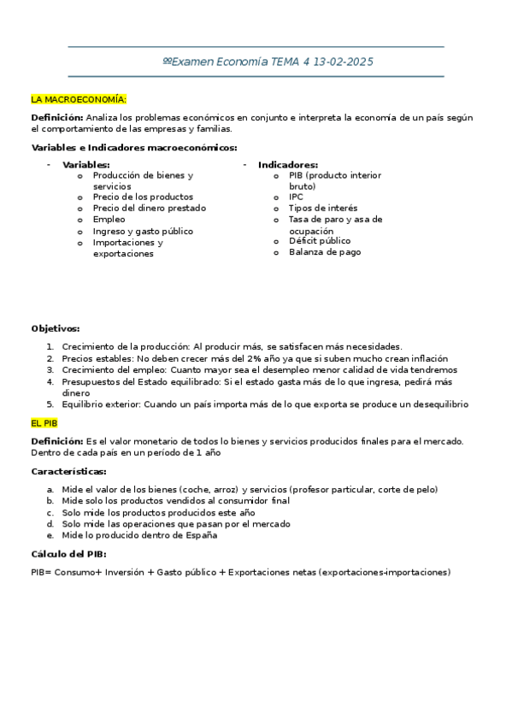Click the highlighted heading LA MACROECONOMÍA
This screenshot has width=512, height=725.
(x=79, y=99)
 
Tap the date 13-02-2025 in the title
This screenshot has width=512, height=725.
(x=344, y=62)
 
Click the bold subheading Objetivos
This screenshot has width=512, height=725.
(x=56, y=327)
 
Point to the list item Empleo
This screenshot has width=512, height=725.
(x=109, y=219)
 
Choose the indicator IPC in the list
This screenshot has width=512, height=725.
(x=296, y=197)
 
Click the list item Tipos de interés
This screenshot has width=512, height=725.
(x=323, y=208)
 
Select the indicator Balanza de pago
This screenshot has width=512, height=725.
(x=325, y=252)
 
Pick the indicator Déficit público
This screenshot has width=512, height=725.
(x=320, y=241)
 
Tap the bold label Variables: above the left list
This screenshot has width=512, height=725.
(x=86, y=164)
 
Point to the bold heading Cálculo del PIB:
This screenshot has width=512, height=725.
(x=68, y=554)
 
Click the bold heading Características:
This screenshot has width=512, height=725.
(x=68, y=471)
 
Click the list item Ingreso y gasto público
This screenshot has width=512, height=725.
(x=143, y=231)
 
